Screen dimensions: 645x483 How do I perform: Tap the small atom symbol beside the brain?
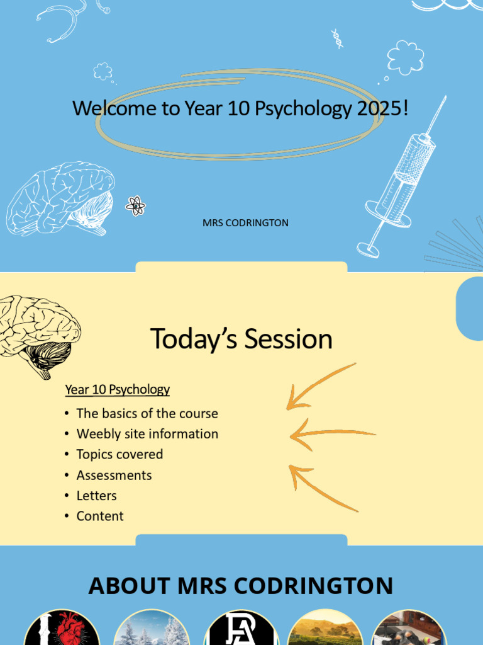[135, 205]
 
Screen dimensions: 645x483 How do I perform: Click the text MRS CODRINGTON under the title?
[245, 223]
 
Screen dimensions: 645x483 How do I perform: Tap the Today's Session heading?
[241, 339]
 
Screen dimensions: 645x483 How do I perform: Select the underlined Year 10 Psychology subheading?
[118, 389]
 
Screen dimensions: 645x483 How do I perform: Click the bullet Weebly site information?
[147, 434]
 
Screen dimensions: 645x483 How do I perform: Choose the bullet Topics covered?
[119, 454]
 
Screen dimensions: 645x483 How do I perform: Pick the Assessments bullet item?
[114, 475]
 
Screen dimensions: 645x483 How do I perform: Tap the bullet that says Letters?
[96, 496]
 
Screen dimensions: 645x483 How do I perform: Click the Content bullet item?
[100, 516]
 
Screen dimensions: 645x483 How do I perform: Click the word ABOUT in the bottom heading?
[130, 586]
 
